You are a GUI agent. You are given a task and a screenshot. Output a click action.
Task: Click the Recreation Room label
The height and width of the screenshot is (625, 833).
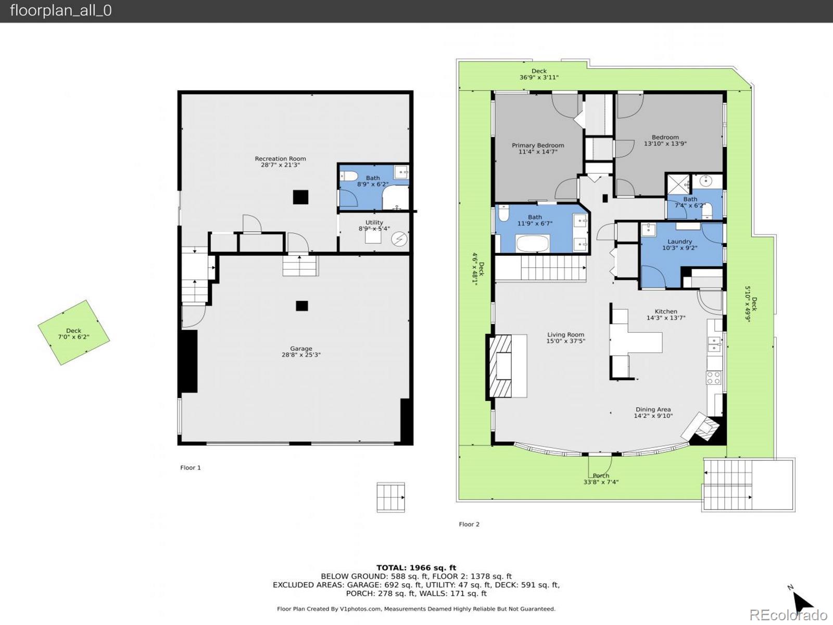pyautogui.click(x=280, y=159)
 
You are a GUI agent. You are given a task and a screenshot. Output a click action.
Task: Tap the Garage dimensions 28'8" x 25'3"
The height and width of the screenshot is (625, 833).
pyautogui.click(x=301, y=355)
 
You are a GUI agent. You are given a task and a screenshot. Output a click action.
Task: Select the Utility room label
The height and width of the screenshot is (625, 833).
pyautogui.click(x=374, y=222)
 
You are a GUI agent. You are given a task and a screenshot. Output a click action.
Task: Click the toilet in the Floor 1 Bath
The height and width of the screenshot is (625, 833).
pyautogui.click(x=348, y=175)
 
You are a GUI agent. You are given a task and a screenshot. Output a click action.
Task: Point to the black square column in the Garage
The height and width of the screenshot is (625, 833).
pyautogui.click(x=301, y=306)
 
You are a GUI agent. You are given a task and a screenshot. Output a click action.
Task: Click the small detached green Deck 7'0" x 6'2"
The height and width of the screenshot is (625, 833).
pyautogui.click(x=73, y=332)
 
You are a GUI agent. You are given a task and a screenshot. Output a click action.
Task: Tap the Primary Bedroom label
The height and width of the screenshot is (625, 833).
pyautogui.click(x=538, y=145)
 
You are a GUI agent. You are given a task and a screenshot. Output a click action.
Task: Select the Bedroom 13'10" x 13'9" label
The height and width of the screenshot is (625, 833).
pyautogui.click(x=665, y=137)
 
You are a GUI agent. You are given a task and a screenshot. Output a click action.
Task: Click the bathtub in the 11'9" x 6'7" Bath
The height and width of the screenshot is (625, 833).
pyautogui.click(x=532, y=243)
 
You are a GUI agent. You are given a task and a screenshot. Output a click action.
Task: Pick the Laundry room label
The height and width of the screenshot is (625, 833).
pyautogui.click(x=679, y=242)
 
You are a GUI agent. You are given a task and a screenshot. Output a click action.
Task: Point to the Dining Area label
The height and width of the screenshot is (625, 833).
pyautogui.click(x=653, y=409)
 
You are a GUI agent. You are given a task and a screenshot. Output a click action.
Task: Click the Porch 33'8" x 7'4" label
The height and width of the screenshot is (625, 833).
pyautogui.click(x=601, y=476)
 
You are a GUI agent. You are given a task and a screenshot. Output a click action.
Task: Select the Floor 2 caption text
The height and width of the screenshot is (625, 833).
pyautogui.click(x=469, y=524)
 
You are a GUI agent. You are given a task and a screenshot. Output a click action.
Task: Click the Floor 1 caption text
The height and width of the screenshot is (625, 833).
pyautogui.click(x=190, y=468)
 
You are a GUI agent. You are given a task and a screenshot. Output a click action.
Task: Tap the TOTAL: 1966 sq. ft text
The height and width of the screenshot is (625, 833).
pyautogui.click(x=416, y=568)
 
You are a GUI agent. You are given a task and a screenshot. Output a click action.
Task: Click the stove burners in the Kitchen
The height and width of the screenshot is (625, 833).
pyautogui.click(x=713, y=378)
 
